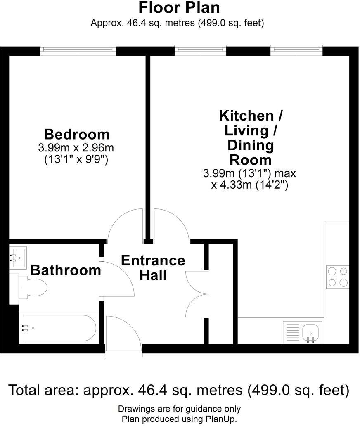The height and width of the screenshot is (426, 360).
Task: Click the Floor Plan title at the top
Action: (179, 8)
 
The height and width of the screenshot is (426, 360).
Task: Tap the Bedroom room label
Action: (77, 134)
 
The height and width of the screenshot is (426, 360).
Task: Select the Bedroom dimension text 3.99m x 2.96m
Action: (76, 147)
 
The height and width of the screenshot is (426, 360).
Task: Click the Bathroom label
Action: (66, 270)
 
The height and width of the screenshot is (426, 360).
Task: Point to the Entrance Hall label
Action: (153, 267)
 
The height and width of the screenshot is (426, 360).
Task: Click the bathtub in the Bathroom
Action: (59, 328)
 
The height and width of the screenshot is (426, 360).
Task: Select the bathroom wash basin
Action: (18, 257)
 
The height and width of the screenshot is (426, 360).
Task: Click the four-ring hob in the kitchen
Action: (337, 277)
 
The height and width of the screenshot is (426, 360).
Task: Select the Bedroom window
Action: (78, 50)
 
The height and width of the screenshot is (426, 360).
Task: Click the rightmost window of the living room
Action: (296, 50)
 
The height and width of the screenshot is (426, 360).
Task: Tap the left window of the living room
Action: (200, 50)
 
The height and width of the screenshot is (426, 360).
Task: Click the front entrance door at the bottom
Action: (123, 336)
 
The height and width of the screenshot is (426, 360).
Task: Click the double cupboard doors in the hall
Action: (195, 293)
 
